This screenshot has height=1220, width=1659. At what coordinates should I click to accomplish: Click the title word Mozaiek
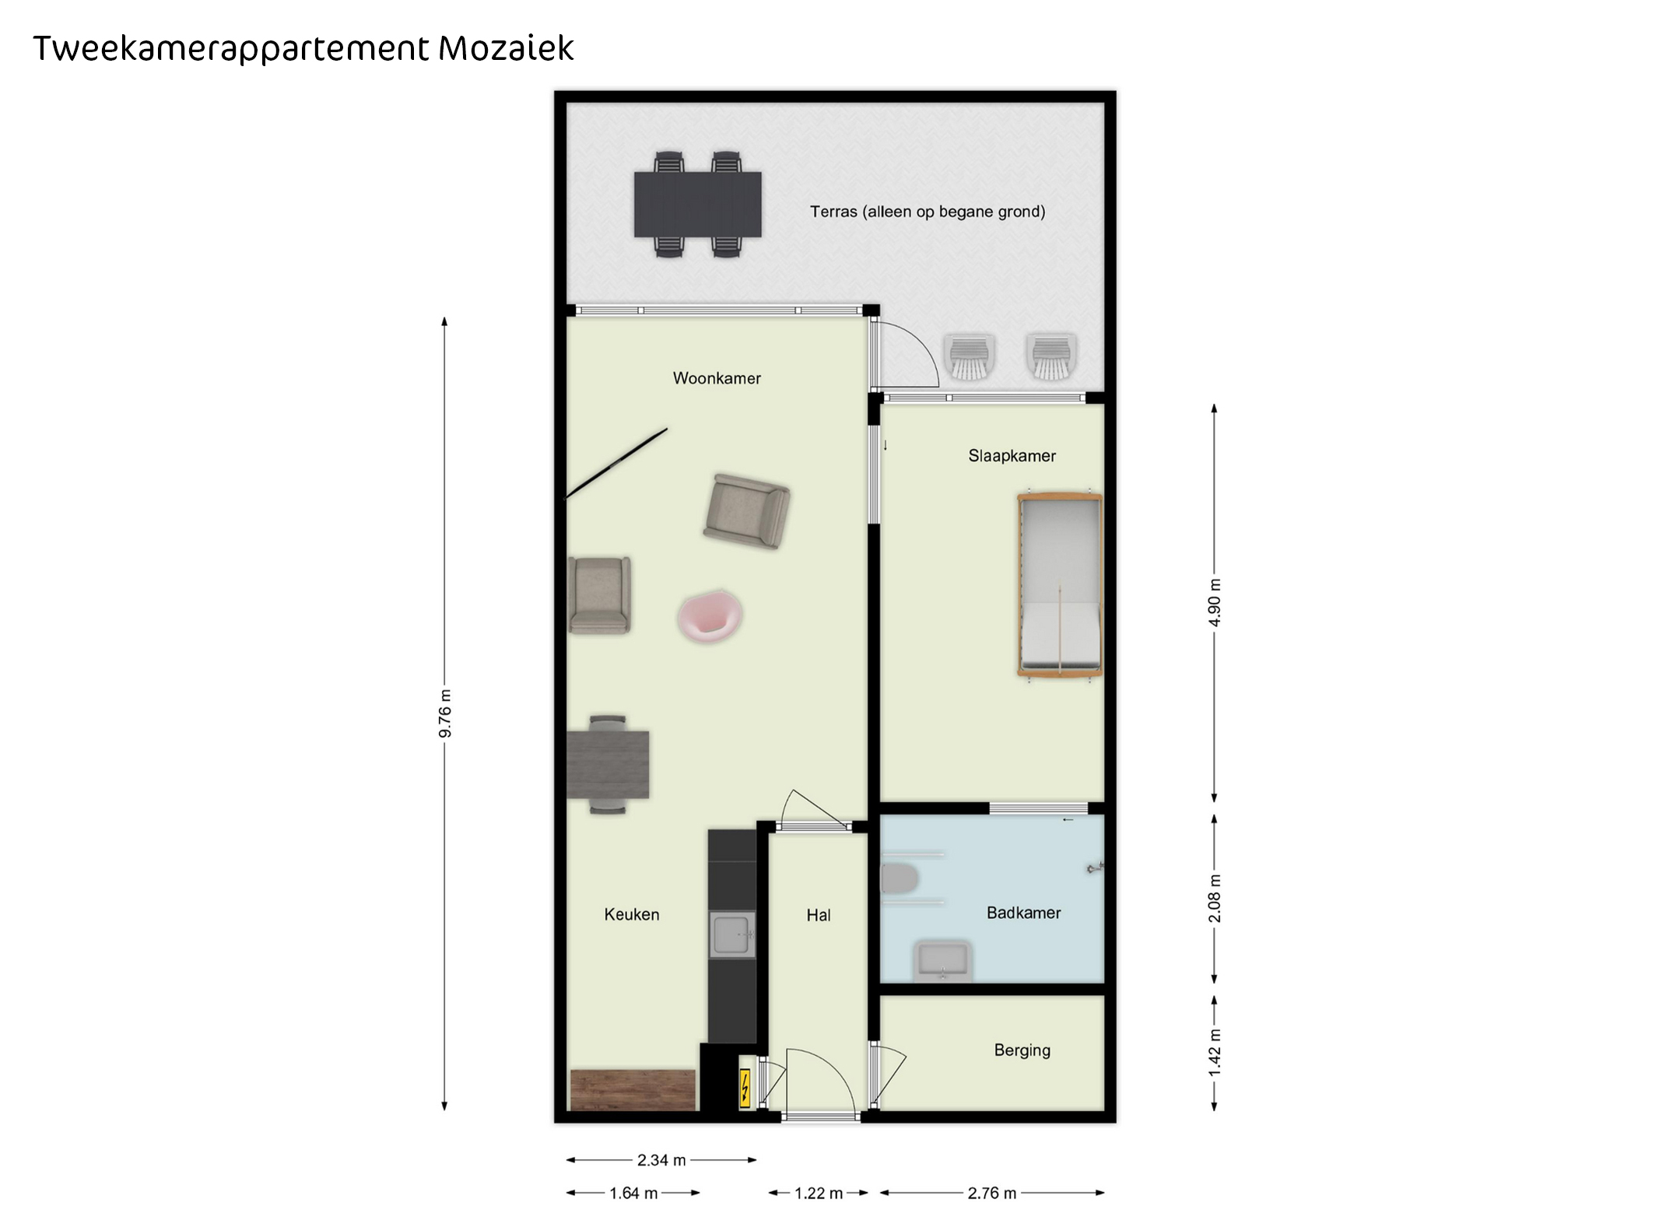coord(506,48)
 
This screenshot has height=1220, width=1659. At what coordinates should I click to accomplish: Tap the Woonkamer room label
coord(717,378)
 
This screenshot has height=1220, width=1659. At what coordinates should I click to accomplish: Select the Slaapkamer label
coord(1012,456)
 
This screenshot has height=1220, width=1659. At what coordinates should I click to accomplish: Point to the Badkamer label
coord(1023,913)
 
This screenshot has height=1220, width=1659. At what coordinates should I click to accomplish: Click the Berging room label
coord(1022,1050)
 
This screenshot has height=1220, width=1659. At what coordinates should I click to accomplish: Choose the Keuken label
coord(631,914)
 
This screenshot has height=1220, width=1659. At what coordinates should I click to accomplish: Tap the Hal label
coord(818,916)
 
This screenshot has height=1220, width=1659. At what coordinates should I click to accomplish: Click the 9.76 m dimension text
coord(444,713)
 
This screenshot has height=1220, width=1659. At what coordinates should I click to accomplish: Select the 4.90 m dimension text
coord(1214,602)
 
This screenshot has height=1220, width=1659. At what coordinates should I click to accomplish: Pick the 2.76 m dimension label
coord(992,1193)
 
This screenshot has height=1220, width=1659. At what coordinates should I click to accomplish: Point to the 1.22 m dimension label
coord(819,1193)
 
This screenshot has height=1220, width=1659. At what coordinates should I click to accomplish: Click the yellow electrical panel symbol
coord(745,1088)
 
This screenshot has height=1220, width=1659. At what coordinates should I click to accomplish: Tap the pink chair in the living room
coord(709,616)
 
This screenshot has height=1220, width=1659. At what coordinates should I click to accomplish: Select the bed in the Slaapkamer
coord(1060,584)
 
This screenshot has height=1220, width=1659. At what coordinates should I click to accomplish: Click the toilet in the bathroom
coord(899,879)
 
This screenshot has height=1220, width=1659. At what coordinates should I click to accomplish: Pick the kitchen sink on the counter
coord(732,934)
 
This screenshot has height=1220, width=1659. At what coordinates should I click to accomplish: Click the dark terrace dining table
coord(697,204)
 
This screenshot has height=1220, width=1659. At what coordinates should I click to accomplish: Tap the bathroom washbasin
coord(942,961)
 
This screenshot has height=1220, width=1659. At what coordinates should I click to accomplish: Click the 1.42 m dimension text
coord(1214,1053)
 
